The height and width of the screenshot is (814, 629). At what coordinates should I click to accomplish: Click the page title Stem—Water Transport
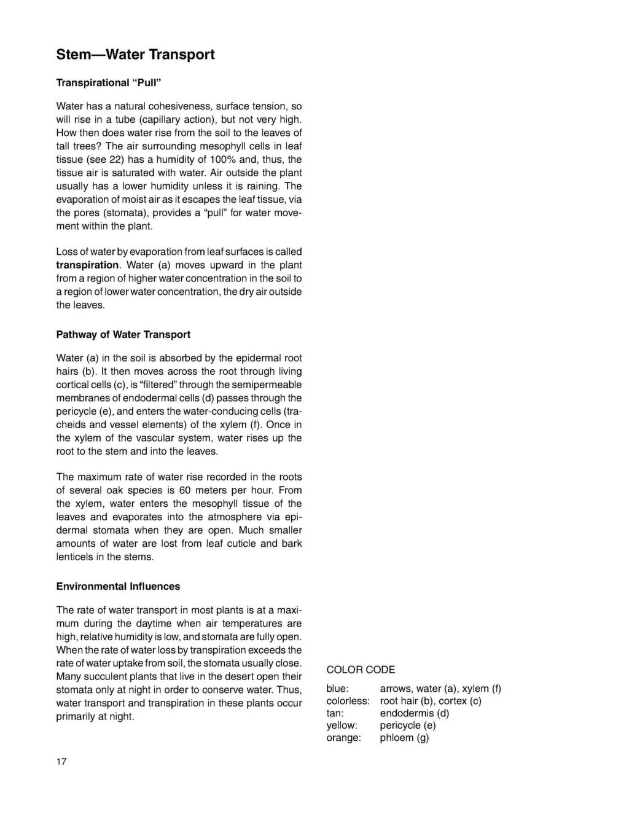tap(135, 55)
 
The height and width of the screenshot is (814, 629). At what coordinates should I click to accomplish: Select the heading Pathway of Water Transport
tap(123, 335)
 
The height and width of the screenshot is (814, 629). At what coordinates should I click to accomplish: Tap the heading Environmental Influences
tap(118, 587)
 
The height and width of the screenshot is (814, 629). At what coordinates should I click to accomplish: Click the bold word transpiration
tap(87, 265)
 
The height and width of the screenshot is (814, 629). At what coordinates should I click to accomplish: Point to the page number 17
tap(61, 762)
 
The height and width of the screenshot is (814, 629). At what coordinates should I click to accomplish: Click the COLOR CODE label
tap(361, 670)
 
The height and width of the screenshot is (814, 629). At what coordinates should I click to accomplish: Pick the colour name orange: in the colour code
tap(343, 738)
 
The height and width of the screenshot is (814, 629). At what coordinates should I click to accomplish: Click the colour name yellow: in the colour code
tap(342, 726)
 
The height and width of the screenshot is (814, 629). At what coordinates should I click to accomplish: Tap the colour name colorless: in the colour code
tap(348, 701)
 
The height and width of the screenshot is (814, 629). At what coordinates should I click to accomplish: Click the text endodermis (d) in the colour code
tap(415, 713)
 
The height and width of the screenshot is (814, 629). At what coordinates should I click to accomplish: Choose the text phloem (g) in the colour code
tap(404, 738)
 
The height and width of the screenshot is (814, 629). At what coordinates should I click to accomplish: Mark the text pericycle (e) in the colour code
tap(408, 726)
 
